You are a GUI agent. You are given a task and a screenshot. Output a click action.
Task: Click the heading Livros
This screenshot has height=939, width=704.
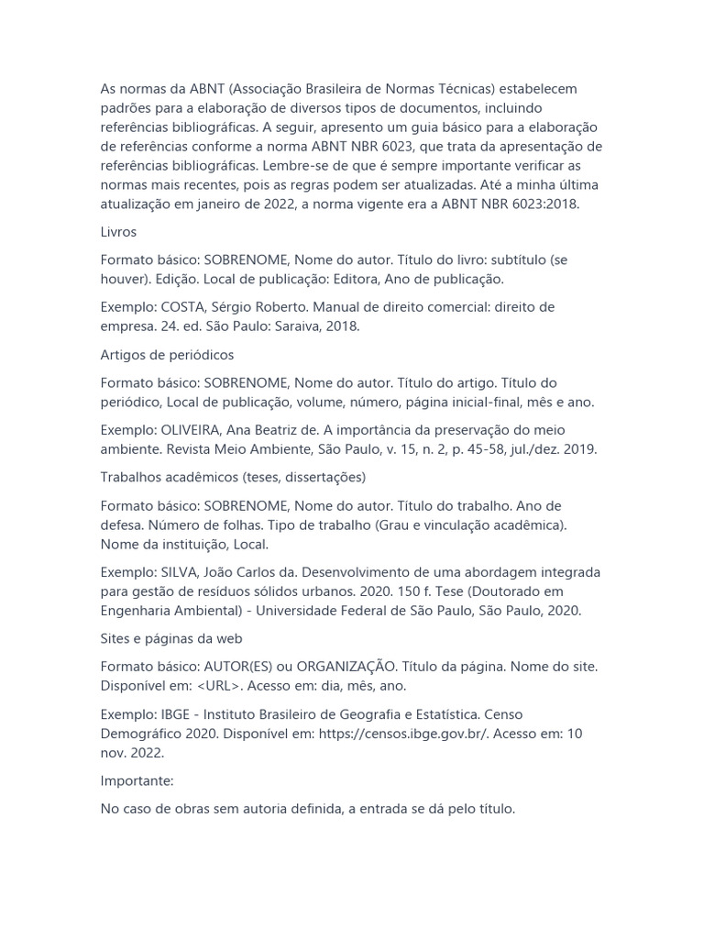[x=118, y=232]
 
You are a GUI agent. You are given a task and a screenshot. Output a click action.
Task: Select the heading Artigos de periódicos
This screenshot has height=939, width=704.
[x=167, y=354]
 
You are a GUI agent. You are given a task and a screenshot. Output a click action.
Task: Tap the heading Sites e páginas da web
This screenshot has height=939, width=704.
[x=171, y=638]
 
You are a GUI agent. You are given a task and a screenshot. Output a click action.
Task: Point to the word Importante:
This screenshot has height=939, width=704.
[x=137, y=780]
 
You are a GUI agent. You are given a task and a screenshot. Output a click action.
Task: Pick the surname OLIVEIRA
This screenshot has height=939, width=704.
[x=193, y=429]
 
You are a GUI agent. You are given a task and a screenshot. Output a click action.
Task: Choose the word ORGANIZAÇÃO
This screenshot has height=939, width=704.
[x=346, y=667]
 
